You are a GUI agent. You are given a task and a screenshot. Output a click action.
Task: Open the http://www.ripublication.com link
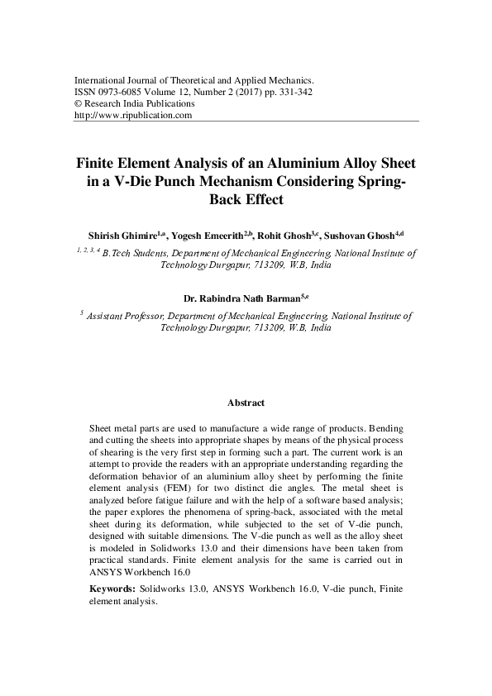[x=133, y=116]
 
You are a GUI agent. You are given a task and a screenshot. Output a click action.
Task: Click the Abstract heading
[x=246, y=403]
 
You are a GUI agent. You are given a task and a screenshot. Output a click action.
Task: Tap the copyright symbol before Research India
[x=79, y=104]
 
